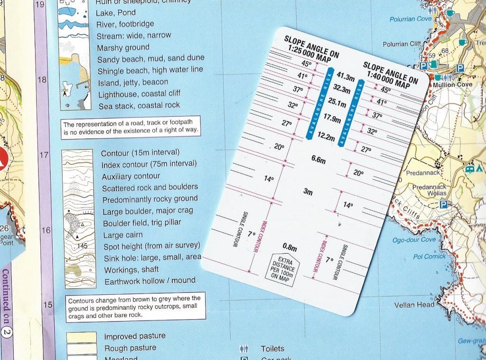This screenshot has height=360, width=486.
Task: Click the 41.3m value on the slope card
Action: pyautogui.click(x=346, y=76)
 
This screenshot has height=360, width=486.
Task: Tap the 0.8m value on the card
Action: pyautogui.click(x=290, y=247)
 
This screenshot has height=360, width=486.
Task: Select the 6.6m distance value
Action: pyautogui.click(x=318, y=160)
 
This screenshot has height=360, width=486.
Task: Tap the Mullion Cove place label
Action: pyautogui.click(x=452, y=85)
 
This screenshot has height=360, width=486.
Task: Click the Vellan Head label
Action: pyautogui.click(x=414, y=305)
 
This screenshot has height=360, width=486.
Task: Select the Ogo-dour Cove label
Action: pyautogui.click(x=414, y=240)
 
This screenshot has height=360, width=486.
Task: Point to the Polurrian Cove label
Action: pyautogui.click(x=411, y=19)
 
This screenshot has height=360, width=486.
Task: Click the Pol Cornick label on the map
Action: pyautogui.click(x=430, y=256)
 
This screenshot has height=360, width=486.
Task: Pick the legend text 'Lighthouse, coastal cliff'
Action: pyautogui.click(x=140, y=94)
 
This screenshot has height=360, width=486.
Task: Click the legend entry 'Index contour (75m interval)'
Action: pyautogui.click(x=149, y=164)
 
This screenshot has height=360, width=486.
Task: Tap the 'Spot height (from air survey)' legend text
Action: pyautogui.click(x=152, y=246)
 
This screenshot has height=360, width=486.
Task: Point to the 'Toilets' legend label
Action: pyautogui.click(x=272, y=349)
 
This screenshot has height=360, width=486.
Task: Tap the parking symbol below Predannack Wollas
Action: pyautogui.click(x=443, y=205)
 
